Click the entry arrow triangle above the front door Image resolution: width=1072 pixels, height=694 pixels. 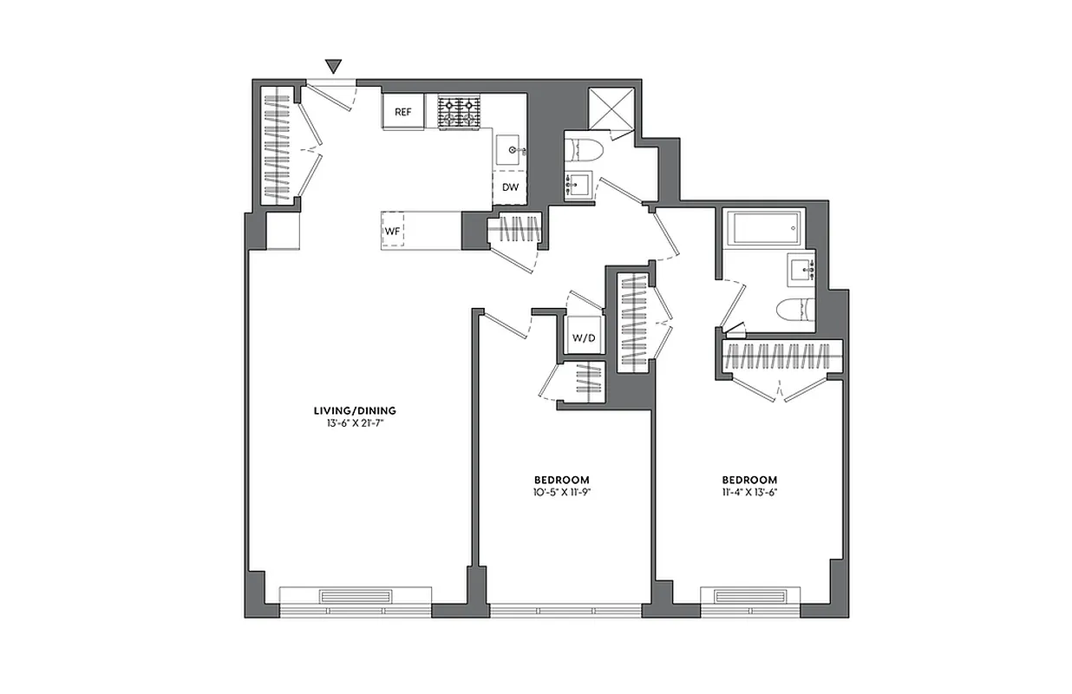click(334, 66)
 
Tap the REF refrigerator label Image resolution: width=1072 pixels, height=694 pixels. click(403, 112)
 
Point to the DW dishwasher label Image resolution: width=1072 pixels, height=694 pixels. click(510, 187)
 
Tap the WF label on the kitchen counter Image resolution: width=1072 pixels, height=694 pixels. click(391, 232)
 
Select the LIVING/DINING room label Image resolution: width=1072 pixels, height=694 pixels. click(355, 410)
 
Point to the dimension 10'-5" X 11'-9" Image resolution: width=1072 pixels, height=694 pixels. click(561, 492)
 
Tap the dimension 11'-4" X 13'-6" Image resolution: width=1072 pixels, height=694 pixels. click(749, 492)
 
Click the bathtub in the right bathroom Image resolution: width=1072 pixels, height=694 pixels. click(766, 229)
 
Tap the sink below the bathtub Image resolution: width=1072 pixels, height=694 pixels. click(802, 269)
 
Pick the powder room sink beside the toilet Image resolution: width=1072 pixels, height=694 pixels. click(578, 186)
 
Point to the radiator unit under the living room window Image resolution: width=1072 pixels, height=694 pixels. click(355, 597)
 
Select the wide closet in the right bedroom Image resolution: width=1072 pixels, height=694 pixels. click(781, 356)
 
